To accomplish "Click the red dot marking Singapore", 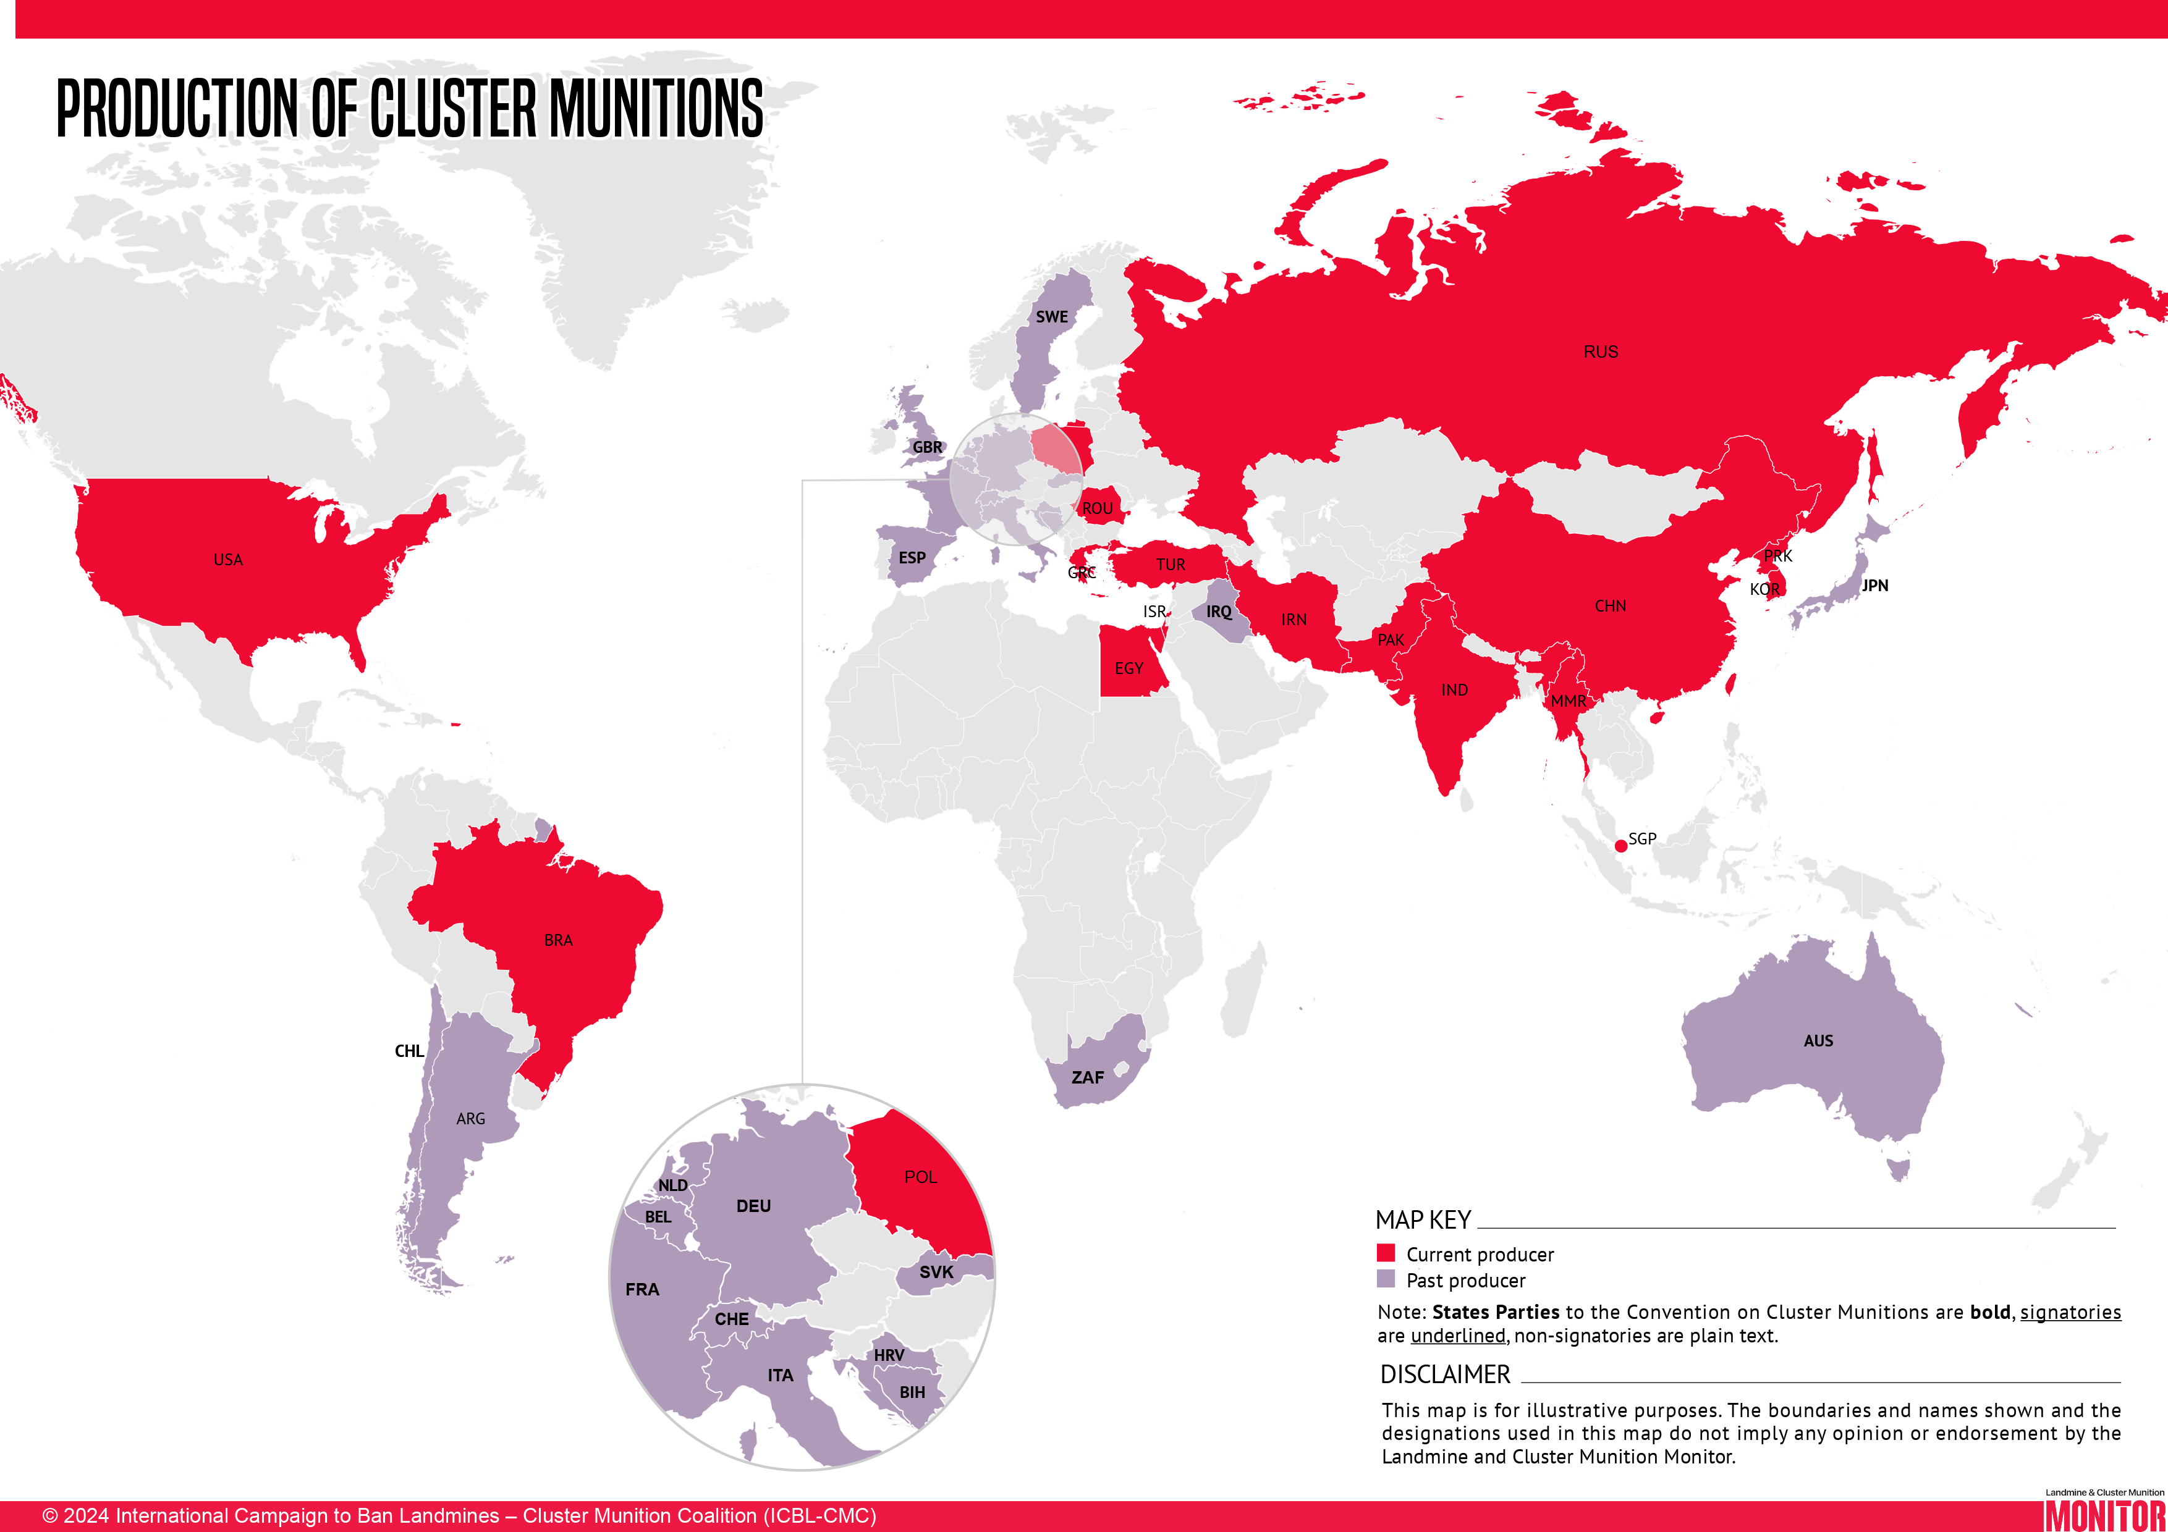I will pos(1620,845).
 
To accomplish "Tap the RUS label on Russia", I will pos(1601,351).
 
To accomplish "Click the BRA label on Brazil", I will pos(558,940).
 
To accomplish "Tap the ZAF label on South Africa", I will pos(1087,1077).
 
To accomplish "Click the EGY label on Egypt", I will pos(1128,668).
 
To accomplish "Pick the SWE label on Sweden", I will pos(1052,317).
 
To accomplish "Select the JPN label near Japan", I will pos(1874,585).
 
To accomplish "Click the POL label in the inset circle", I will pos(921,1177).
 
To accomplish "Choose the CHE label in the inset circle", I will pos(732,1319).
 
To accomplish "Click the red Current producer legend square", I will pos(1385,1253).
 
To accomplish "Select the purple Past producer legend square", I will pos(1385,1279).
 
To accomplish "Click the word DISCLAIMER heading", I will pos(1445,1374).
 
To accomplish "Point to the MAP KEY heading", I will pos(1423,1221).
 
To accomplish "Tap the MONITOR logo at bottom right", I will pos(2104,1514).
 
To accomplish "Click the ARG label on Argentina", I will pos(470,1119).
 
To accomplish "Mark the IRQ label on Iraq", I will pos(1218,612).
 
